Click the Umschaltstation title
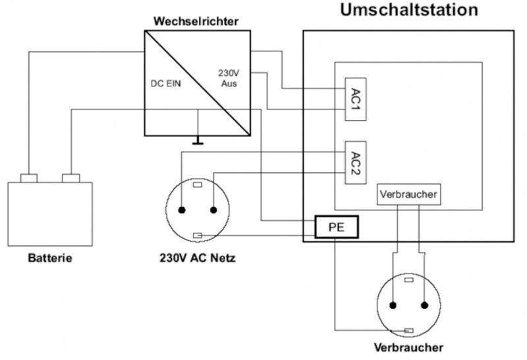[409, 10]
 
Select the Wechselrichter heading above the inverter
[196, 21]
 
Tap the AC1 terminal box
[356, 100]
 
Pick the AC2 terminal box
[356, 162]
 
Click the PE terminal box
[337, 227]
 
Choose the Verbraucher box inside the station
[408, 195]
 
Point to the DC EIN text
[166, 84]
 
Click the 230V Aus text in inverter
[229, 78]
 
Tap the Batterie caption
[50, 258]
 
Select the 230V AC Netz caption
[197, 258]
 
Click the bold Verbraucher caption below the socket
[408, 347]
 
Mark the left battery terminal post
[29, 178]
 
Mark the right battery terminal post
[71, 178]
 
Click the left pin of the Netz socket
[182, 210]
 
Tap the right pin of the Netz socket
[213, 210]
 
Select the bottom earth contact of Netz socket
[198, 235]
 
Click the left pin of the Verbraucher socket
[393, 305]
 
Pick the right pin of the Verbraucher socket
[424, 305]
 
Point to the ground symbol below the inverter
[198, 140]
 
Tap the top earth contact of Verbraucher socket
[408, 280]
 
